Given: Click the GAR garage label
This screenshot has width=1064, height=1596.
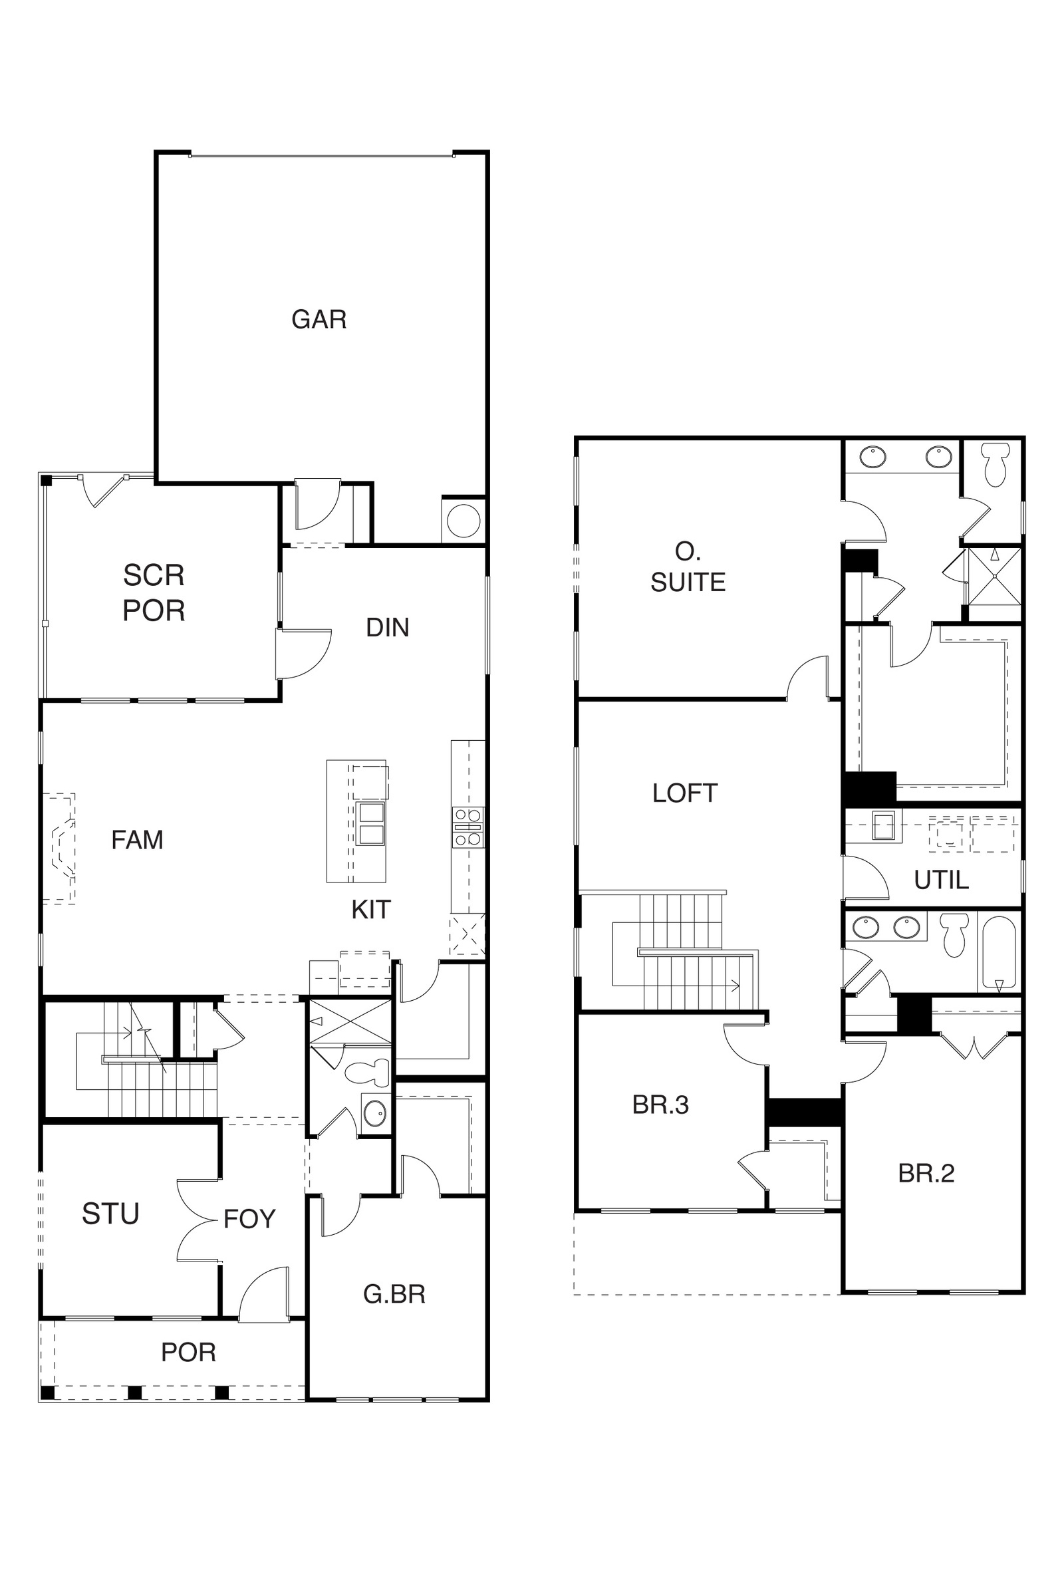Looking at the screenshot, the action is (x=319, y=319).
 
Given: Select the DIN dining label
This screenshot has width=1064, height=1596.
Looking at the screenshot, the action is (x=388, y=628).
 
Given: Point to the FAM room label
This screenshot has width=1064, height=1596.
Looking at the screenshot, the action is (x=137, y=840).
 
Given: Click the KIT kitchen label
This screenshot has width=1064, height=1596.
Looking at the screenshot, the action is (x=371, y=909).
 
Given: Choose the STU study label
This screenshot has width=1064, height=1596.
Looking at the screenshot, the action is (x=110, y=1214).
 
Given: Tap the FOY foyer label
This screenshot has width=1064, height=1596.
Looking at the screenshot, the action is (x=250, y=1219).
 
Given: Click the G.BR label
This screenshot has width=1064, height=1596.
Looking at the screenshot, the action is (x=394, y=1294).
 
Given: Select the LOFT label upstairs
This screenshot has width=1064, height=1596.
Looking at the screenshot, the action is (x=685, y=793).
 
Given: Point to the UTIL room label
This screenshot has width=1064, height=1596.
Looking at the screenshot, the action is (x=941, y=880).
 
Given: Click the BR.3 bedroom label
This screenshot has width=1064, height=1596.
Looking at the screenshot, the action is (x=660, y=1105).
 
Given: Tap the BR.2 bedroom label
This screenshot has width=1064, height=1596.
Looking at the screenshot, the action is (x=926, y=1173).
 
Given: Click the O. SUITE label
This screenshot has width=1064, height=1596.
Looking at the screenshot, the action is (x=688, y=567).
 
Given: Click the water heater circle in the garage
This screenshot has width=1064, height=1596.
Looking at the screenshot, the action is (x=464, y=522).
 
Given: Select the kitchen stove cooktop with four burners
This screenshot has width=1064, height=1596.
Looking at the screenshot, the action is (x=468, y=827).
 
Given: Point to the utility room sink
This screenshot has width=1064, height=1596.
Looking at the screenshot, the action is (x=883, y=826).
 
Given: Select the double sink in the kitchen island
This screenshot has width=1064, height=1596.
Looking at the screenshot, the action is (x=370, y=824).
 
